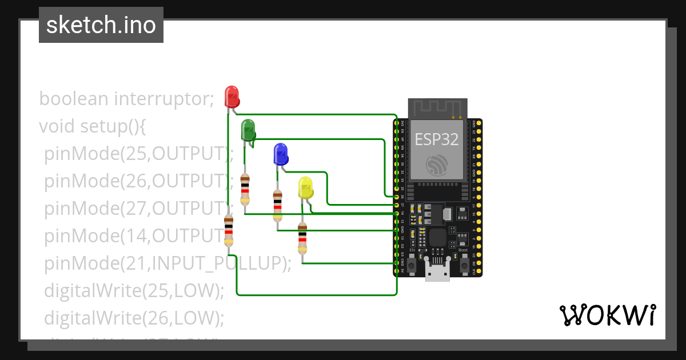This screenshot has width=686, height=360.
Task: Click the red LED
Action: point(232,96)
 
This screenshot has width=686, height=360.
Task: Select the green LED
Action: point(248,129)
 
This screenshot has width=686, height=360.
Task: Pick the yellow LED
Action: point(305,188)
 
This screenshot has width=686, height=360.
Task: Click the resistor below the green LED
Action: point(245,189)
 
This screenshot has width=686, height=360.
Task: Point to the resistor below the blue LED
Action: point(277,206)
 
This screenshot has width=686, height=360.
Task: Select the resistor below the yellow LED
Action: point(302,238)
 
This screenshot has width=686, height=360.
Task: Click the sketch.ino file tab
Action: point(101,25)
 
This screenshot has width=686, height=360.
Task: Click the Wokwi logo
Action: point(607,315)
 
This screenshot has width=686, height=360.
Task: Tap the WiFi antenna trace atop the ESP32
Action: point(437,108)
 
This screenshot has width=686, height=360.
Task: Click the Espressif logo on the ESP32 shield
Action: point(437,165)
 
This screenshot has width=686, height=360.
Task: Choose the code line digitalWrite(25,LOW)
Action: point(133,290)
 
